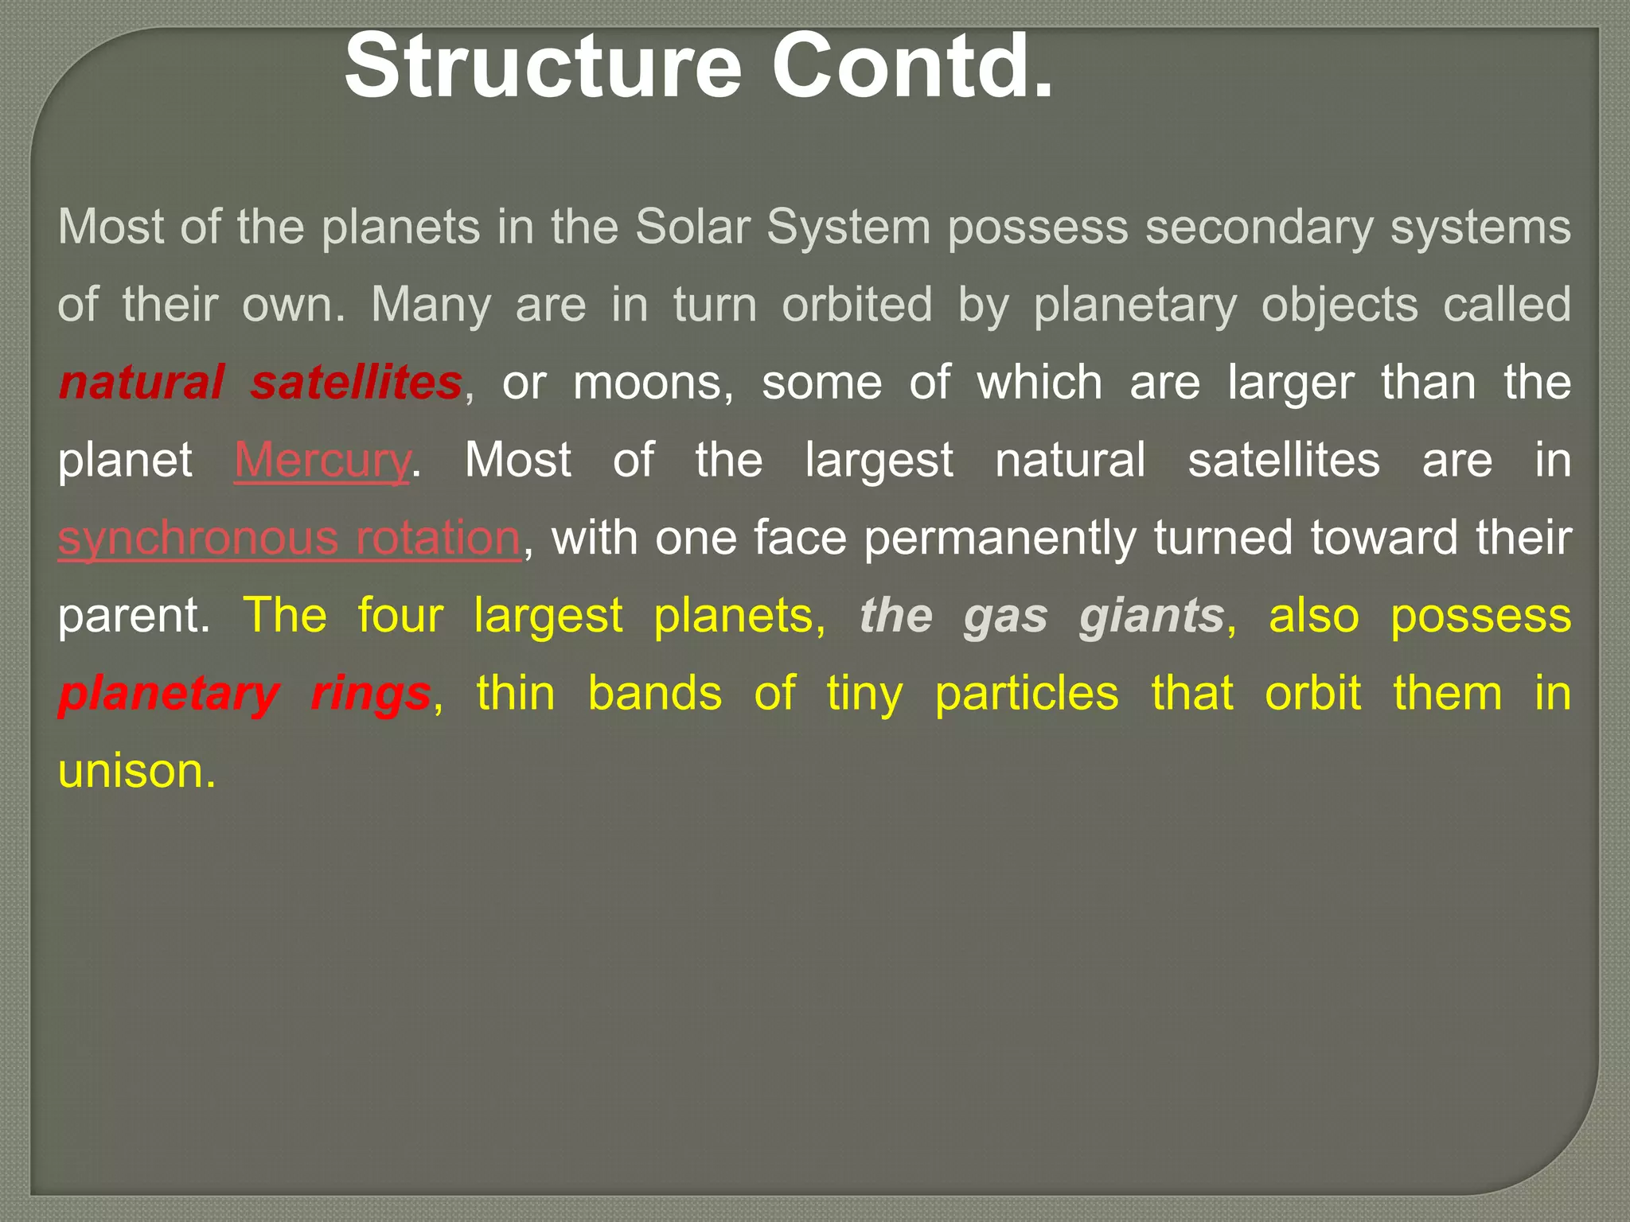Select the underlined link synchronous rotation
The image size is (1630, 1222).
coord(290,539)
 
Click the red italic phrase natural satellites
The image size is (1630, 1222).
coord(260,383)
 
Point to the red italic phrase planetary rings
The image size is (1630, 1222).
coord(244,694)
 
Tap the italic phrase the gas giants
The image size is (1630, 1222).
coord(1042,616)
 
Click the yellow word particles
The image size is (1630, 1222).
coord(1027,694)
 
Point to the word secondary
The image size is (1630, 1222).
coord(1259,228)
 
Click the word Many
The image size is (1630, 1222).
coord(431,305)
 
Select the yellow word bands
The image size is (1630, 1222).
coord(655,694)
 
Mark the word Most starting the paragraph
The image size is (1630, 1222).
coord(110,228)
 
